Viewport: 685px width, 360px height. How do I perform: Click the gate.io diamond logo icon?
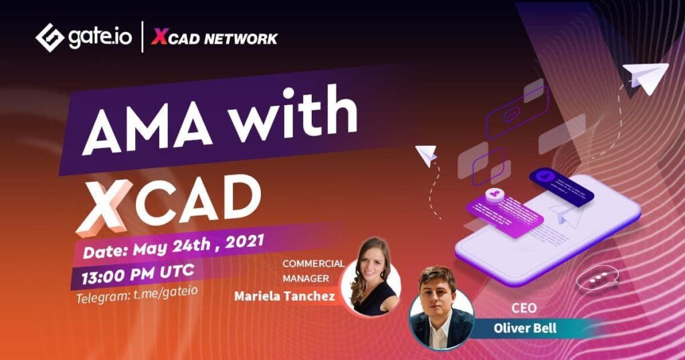(x=50, y=37)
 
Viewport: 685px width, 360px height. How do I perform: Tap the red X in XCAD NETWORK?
(x=160, y=37)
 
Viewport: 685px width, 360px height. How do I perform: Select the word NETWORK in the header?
(x=241, y=39)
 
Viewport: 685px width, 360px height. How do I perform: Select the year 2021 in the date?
(x=245, y=242)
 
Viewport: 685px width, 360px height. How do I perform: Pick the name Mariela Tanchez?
(x=284, y=296)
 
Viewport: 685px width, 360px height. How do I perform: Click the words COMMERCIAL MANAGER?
(x=313, y=270)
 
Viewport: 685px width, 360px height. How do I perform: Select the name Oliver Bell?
(x=525, y=328)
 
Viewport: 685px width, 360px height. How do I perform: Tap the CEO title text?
(x=524, y=308)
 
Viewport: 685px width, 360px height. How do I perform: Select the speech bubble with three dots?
(x=597, y=278)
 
